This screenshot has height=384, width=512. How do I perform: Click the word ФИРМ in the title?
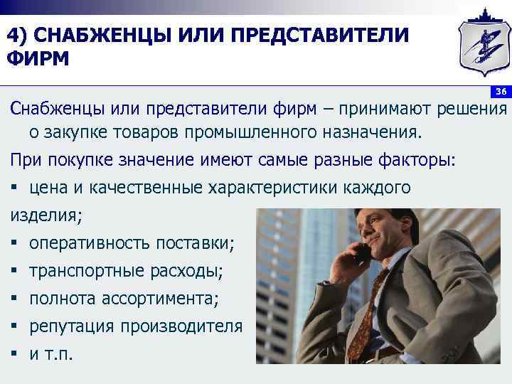coord(40,58)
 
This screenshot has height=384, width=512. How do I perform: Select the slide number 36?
coord(501,92)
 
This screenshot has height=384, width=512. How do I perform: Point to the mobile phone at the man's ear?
coord(363,252)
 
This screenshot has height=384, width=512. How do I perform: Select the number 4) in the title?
coord(18,34)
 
